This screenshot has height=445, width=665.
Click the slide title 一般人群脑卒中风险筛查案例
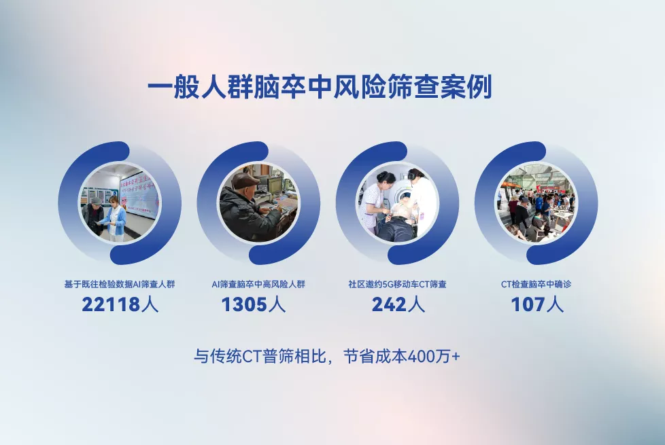(x=320, y=88)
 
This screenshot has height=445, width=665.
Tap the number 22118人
(x=120, y=304)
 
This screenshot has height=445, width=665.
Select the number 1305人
(x=254, y=304)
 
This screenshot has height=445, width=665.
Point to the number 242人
(x=398, y=304)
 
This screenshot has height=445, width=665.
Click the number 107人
(x=537, y=304)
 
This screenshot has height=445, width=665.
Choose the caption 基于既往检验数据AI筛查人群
(x=120, y=284)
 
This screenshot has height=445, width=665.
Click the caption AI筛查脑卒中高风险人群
(x=258, y=284)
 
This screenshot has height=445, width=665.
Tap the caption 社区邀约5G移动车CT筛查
(x=397, y=284)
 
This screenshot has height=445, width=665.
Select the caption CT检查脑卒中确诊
(x=536, y=284)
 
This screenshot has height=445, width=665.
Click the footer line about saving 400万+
(x=326, y=356)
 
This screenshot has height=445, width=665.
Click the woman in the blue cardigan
(x=114, y=218)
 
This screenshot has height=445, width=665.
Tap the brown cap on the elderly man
(x=245, y=181)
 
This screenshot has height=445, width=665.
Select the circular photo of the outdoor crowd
(x=536, y=203)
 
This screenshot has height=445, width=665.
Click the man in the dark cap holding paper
(x=92, y=216)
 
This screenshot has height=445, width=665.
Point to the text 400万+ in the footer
(x=433, y=356)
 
